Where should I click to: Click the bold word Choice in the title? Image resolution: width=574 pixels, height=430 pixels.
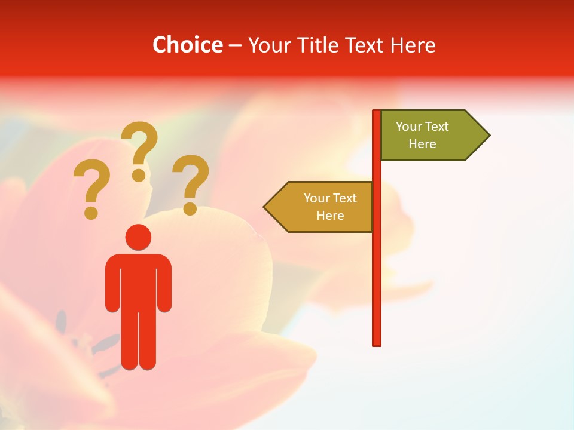pos(187,45)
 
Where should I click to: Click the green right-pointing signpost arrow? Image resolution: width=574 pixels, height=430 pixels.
pos(430,136)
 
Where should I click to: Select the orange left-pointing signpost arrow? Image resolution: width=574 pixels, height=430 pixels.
pos(323,207)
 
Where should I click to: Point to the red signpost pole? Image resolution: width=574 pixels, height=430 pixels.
pos(377,269)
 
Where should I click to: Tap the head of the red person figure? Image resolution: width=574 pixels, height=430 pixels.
pos(138,237)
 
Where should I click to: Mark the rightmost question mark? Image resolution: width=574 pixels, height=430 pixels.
pos(191,182)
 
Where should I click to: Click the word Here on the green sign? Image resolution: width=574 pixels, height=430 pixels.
pos(422,144)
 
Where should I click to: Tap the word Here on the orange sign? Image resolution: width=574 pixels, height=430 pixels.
pos(330,216)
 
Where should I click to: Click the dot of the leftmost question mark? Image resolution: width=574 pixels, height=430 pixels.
pos(91,213)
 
